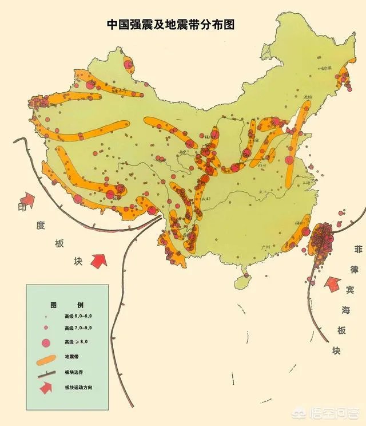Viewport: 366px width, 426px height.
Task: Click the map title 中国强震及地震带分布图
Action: [171, 25]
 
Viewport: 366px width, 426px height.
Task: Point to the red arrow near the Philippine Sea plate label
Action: [332, 283]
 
